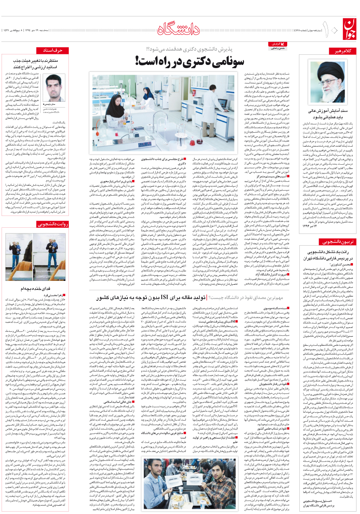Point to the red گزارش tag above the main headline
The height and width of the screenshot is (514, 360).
tap(278, 44)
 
